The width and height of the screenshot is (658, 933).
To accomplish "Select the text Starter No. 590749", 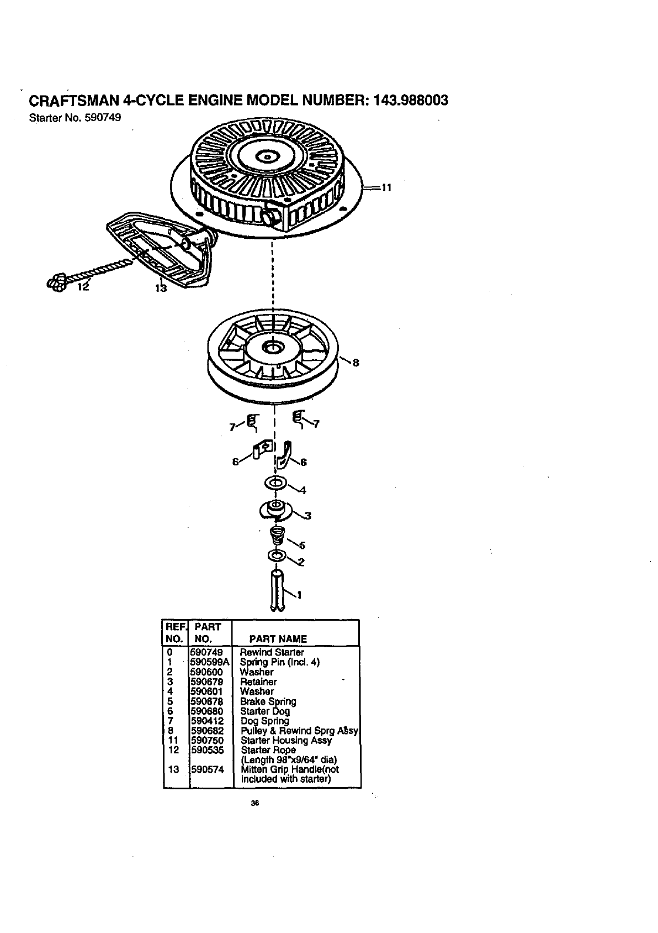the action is coord(75,118).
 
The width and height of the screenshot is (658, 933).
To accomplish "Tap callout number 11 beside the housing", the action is coord(386,188).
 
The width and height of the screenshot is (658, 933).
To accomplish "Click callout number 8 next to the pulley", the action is coord(355,363).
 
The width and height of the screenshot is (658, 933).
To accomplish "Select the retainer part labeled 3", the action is coord(274,509).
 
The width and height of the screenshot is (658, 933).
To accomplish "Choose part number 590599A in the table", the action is coord(209,662).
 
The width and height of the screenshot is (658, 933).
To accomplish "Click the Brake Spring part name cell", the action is coord(268,701).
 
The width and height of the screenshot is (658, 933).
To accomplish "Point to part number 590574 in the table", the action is coord(206,769).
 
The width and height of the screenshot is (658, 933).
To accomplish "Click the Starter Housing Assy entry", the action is coord(286,740).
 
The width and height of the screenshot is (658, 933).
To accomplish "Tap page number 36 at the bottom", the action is coord(255,803).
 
